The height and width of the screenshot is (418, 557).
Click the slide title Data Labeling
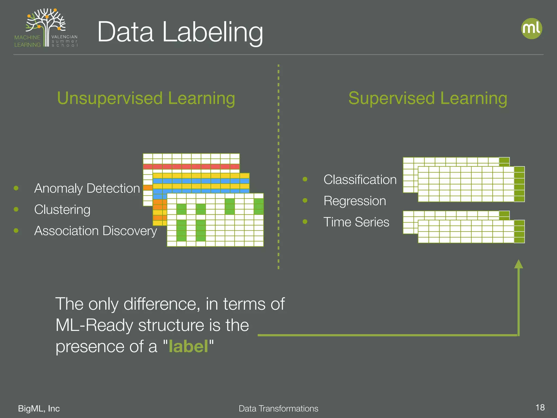coord(180,32)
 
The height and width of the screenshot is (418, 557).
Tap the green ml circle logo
coord(531,29)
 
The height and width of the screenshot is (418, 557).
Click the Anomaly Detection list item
coord(87,188)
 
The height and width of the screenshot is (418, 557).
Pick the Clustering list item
coord(62,210)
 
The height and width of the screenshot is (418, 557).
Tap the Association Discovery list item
coord(95,231)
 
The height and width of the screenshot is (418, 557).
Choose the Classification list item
coord(360,180)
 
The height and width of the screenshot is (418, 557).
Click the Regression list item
coord(355,201)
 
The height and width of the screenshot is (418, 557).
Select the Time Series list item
coord(356,222)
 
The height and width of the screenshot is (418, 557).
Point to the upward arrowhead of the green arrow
coord(518,264)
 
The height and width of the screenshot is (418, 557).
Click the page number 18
coord(540,407)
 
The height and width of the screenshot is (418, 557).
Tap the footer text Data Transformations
coord(278,408)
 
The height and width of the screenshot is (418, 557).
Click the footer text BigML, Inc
coord(39,408)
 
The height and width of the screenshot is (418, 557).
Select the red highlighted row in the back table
coord(191,167)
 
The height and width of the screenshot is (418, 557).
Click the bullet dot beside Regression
coord(305,201)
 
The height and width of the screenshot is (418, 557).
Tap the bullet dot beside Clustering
coord(16,209)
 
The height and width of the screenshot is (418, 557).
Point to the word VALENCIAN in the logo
coord(64,37)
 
